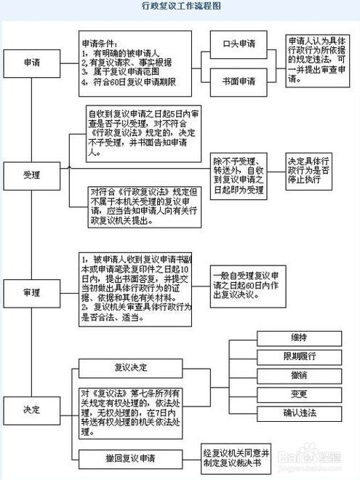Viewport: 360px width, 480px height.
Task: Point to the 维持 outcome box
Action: [294, 337]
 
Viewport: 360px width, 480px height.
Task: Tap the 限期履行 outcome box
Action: [294, 356]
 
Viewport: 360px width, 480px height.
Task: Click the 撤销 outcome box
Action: [294, 375]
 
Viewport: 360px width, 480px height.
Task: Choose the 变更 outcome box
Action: [294, 393]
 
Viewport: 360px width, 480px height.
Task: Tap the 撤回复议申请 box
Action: [135, 458]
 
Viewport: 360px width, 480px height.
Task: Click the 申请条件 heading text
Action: [100, 43]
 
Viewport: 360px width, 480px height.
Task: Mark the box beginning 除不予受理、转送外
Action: [241, 175]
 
